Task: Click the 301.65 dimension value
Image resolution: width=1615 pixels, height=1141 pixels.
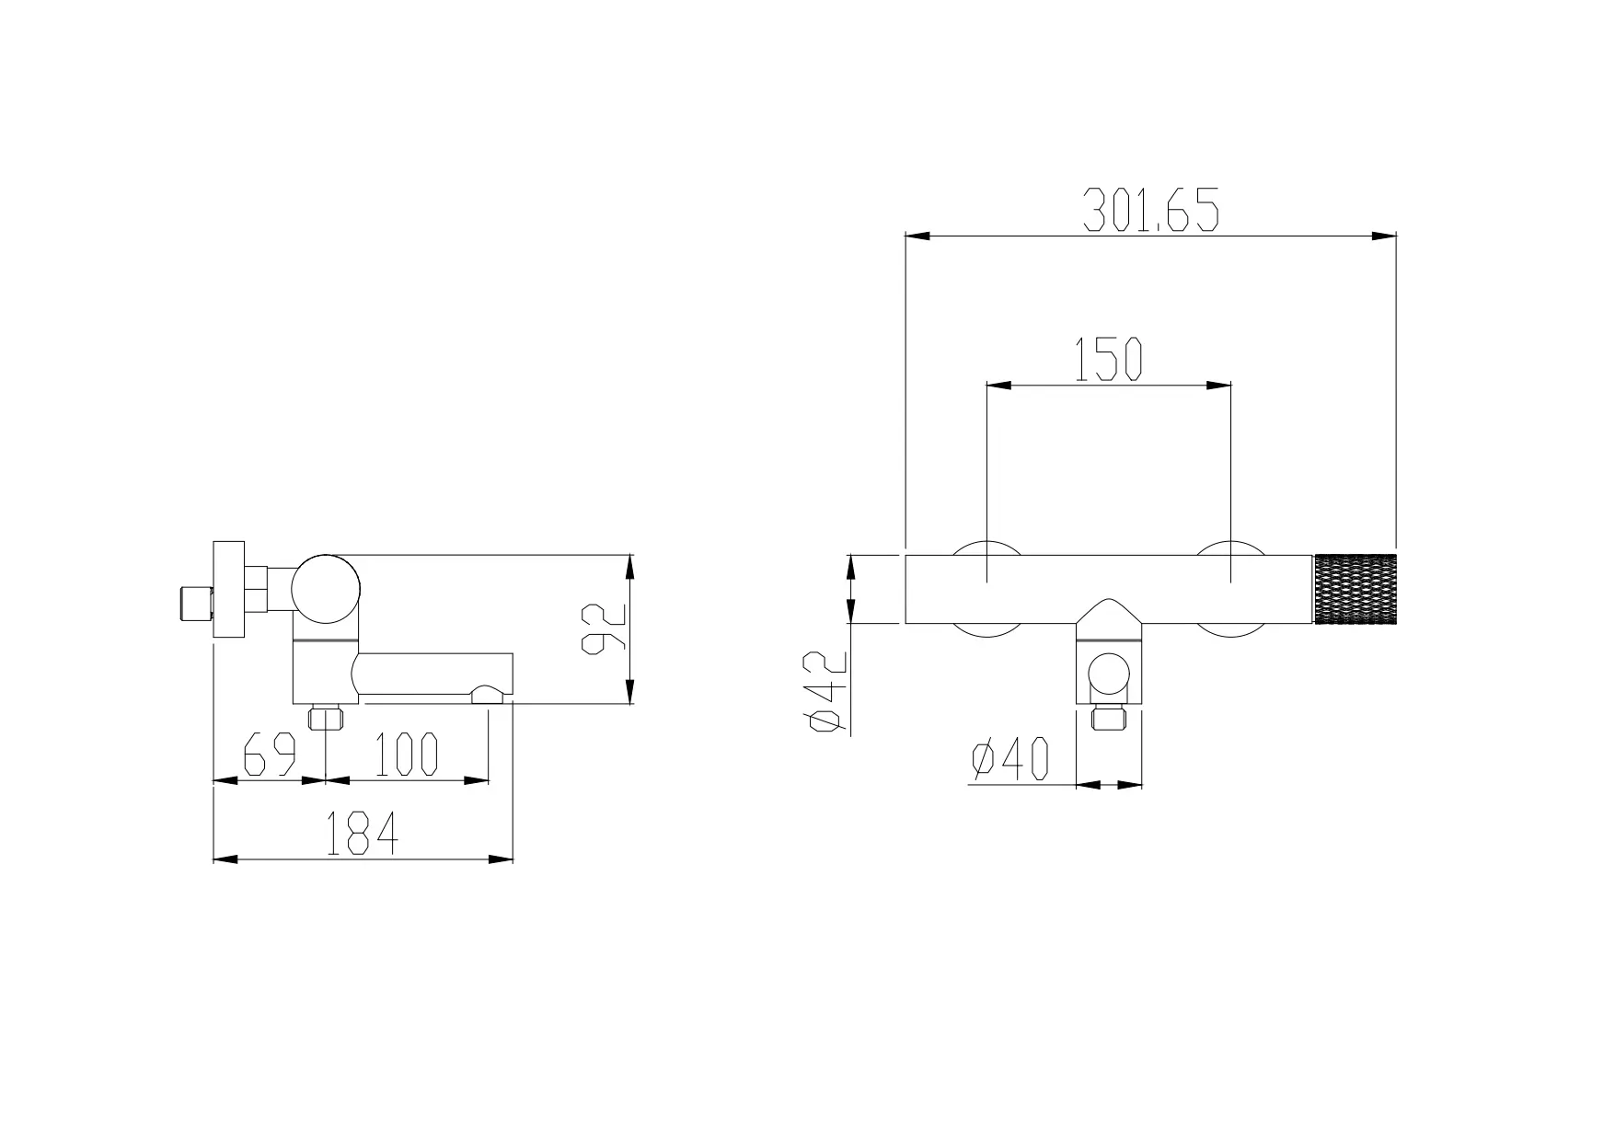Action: point(1150,209)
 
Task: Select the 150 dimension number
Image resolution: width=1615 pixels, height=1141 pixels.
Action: point(1108,359)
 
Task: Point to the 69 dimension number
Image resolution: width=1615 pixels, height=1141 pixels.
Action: point(269,754)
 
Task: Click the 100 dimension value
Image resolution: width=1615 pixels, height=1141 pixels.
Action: point(406,754)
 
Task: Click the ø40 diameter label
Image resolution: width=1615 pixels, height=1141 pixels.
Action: point(1009,760)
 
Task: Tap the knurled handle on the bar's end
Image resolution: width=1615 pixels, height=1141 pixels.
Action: point(1355,589)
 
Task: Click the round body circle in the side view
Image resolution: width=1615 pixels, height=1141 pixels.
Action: point(326,589)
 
